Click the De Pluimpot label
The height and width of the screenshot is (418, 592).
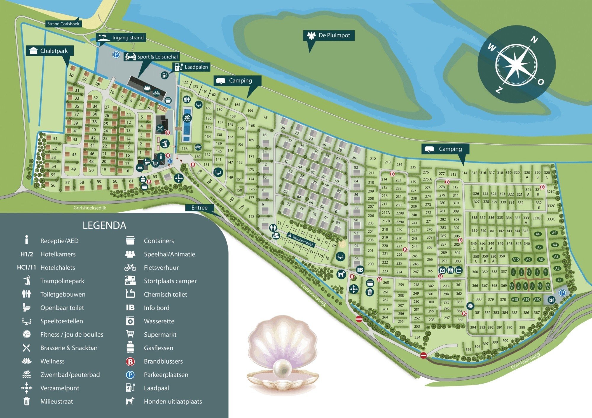329,35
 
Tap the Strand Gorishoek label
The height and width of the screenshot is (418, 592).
63,24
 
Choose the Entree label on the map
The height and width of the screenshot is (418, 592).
199,208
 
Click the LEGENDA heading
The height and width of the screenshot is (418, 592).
104,225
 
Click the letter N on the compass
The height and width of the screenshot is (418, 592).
534,40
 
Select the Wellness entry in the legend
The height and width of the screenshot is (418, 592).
52,361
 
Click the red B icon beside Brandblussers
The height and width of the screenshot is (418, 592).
130,362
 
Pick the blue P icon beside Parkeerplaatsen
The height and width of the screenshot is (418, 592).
130,375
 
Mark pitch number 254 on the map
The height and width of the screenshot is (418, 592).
417,337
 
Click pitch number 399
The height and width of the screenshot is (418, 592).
505,341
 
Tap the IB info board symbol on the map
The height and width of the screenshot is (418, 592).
360,270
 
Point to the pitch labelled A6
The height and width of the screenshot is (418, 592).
538,234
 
